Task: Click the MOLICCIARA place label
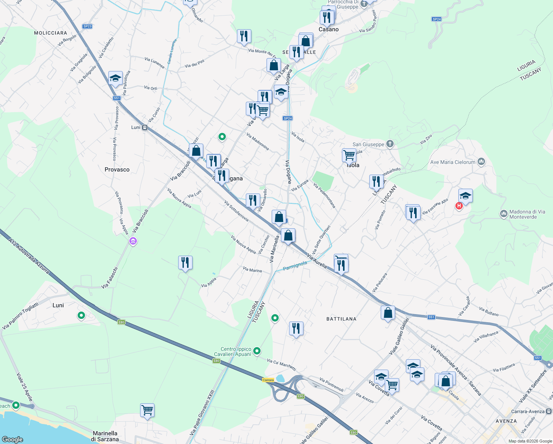click(x=51, y=33)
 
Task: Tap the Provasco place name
click(x=117, y=169)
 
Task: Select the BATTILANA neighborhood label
click(x=341, y=319)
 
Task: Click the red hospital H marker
click(x=459, y=206)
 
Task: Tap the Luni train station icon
click(x=145, y=127)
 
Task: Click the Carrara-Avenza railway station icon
click(x=549, y=411)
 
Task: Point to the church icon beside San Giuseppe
click(x=390, y=144)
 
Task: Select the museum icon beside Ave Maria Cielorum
click(x=481, y=162)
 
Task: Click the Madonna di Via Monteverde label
click(x=527, y=214)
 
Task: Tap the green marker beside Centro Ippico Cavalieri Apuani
click(x=257, y=351)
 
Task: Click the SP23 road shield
click(x=87, y=26)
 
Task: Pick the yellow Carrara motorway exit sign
click(x=268, y=380)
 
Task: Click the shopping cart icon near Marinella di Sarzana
click(x=147, y=410)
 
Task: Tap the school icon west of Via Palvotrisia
click(x=115, y=78)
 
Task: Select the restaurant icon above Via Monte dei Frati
click(x=244, y=36)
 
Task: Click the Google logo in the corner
click(x=12, y=439)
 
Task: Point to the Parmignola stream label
click(x=295, y=266)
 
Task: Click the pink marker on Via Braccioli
click(x=133, y=241)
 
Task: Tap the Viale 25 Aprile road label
click(x=24, y=387)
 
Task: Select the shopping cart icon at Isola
click(x=349, y=155)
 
